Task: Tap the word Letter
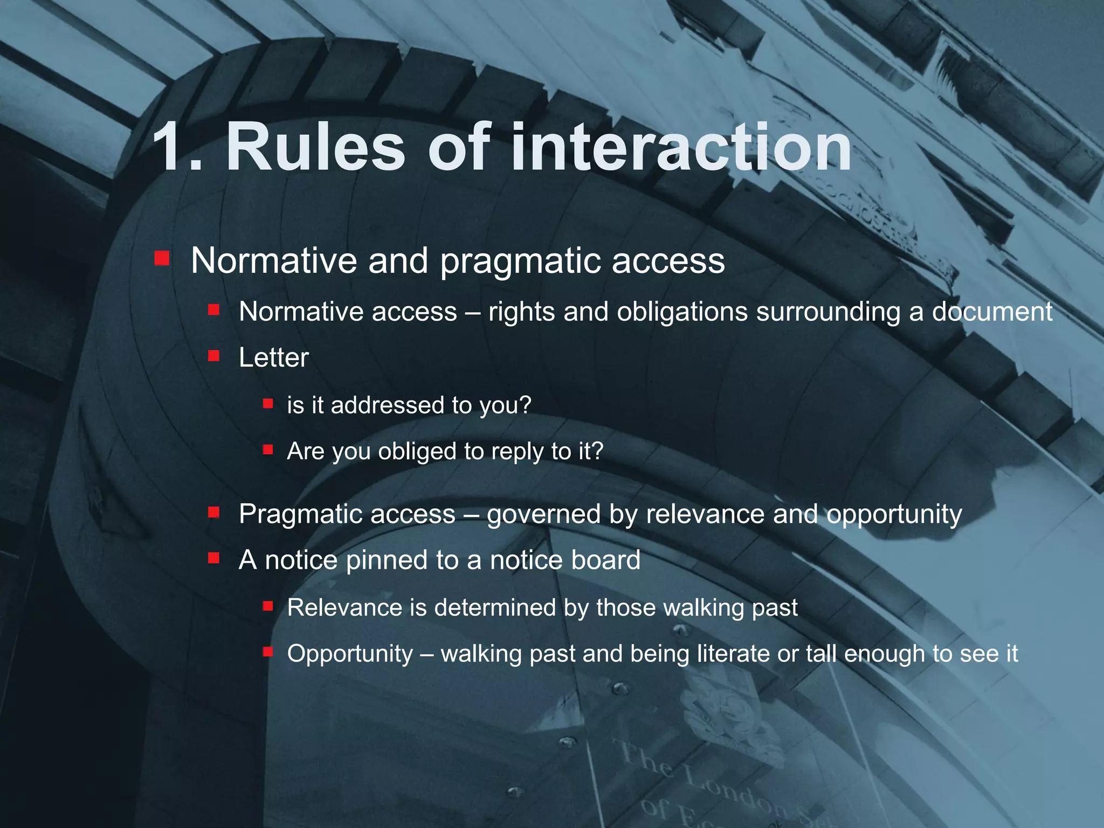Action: point(273,358)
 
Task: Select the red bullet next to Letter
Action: point(213,356)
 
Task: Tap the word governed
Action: point(543,515)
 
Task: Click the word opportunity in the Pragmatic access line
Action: point(894,515)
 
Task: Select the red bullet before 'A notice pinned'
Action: point(213,558)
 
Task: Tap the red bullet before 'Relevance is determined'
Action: point(268,606)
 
